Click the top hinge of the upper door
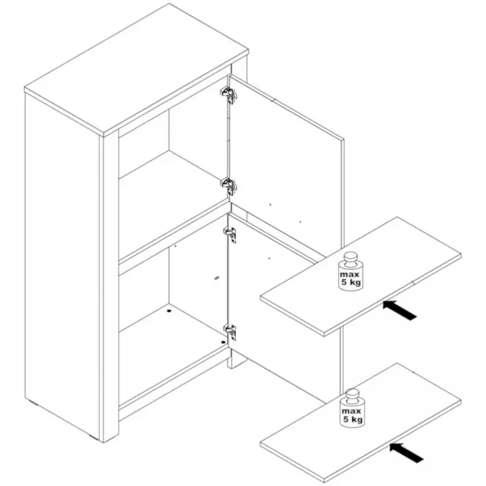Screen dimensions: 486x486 point(229,94)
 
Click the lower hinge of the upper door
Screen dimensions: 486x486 point(229,186)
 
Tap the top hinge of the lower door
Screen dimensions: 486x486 point(230,234)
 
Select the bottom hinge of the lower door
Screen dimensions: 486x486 point(230,331)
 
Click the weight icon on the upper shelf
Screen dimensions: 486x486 point(351,271)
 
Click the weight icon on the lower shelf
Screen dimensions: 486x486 point(352,408)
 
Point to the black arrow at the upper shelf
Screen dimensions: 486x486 point(400,310)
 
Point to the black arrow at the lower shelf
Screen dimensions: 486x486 point(406,453)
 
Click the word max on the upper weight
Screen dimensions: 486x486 point(349,275)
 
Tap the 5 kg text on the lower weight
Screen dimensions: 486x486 point(353,420)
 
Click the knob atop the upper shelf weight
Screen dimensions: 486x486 point(351,259)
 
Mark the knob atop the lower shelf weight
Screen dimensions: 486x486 point(352,395)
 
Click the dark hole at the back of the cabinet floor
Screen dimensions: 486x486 point(169,310)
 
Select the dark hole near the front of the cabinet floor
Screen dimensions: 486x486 point(223,342)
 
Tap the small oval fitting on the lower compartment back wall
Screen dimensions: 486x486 point(217,278)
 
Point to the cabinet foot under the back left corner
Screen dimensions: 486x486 point(34,403)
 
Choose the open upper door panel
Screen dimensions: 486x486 point(286,162)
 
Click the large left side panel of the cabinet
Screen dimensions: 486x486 point(62,267)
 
